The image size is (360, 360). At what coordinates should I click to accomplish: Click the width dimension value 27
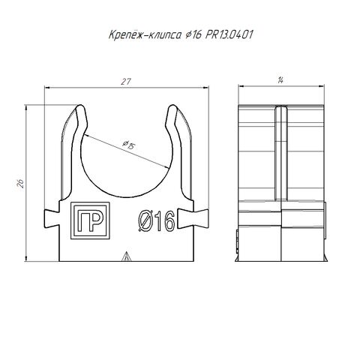pos(126,82)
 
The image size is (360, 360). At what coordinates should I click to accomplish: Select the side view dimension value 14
pos(280,80)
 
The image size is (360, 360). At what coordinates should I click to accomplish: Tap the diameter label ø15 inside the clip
pos(128,145)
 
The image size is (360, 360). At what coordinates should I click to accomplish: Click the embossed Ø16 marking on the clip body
pos(157,221)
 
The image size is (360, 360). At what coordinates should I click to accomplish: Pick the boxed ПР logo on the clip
pos(90,220)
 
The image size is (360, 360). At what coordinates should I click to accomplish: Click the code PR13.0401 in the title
pos(229,34)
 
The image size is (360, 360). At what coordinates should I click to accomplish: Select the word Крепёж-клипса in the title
pos(145,34)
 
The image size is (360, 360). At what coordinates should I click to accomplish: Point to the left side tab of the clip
pos(52,219)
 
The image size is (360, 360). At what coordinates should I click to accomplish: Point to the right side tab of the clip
pos(193,219)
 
